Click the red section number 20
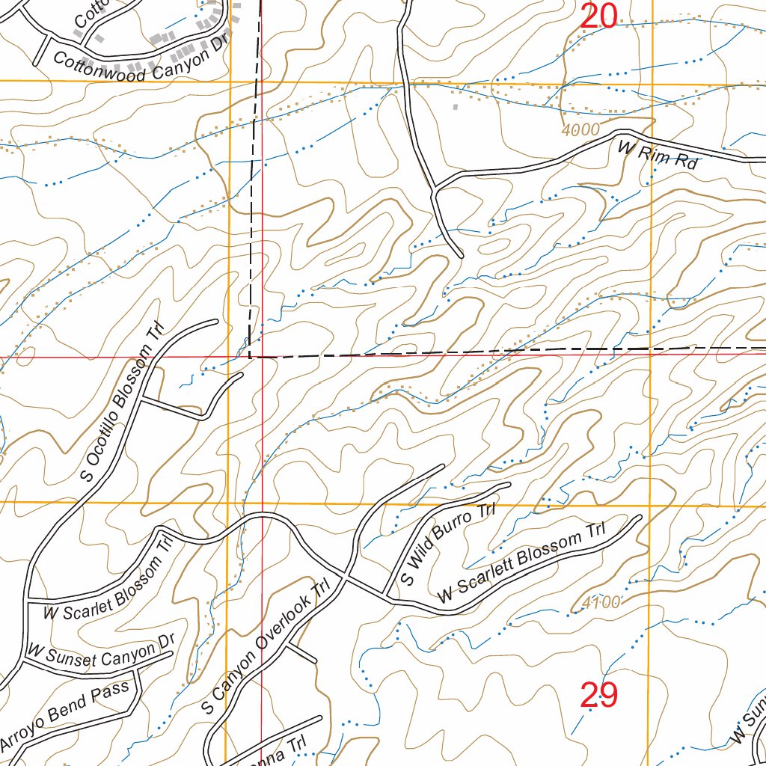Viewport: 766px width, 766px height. coord(599,16)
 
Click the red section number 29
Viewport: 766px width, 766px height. coord(599,696)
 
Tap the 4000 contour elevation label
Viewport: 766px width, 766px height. coord(580,130)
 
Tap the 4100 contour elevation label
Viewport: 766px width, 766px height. coord(601,602)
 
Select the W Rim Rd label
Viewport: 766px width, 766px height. coord(658,155)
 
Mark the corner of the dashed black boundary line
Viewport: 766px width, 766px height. coord(249,358)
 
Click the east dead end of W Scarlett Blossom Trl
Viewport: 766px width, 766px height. coord(640,516)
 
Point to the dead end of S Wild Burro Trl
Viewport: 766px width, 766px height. coord(509,484)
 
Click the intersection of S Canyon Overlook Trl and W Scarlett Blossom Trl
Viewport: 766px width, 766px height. coord(345,577)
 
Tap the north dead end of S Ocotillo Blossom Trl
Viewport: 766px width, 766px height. coord(217,321)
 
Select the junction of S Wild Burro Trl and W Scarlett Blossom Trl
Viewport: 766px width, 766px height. coord(387,596)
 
